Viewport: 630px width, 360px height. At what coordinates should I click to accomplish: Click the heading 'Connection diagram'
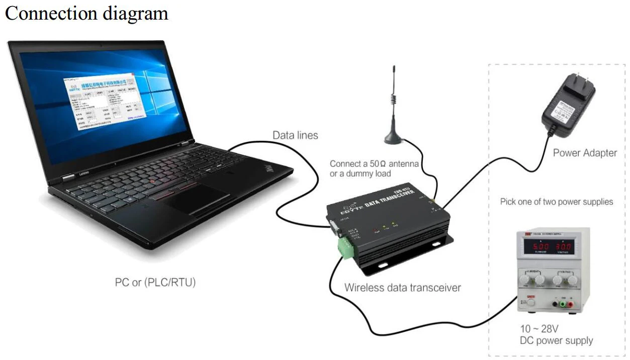(x=86, y=13)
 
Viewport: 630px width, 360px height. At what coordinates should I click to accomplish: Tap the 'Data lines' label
(x=295, y=135)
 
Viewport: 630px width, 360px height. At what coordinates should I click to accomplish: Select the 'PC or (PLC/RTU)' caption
(x=155, y=283)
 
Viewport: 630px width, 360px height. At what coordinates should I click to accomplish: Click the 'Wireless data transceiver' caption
(x=402, y=288)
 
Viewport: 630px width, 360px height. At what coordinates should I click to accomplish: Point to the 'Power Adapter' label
(x=585, y=153)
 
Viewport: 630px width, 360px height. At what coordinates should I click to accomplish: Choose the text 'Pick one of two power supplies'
(x=557, y=202)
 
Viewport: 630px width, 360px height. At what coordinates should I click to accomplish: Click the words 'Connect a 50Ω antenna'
(x=374, y=164)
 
